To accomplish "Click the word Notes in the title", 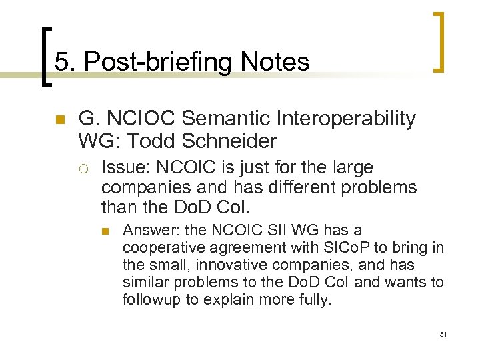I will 275,62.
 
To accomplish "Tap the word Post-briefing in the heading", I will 161,62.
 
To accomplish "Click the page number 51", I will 443,333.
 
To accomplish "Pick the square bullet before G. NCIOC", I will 59,120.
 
